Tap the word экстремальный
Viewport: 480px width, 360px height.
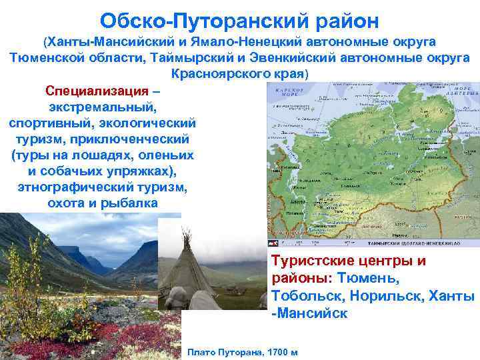click(x=103, y=107)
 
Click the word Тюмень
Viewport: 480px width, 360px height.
click(x=368, y=277)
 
